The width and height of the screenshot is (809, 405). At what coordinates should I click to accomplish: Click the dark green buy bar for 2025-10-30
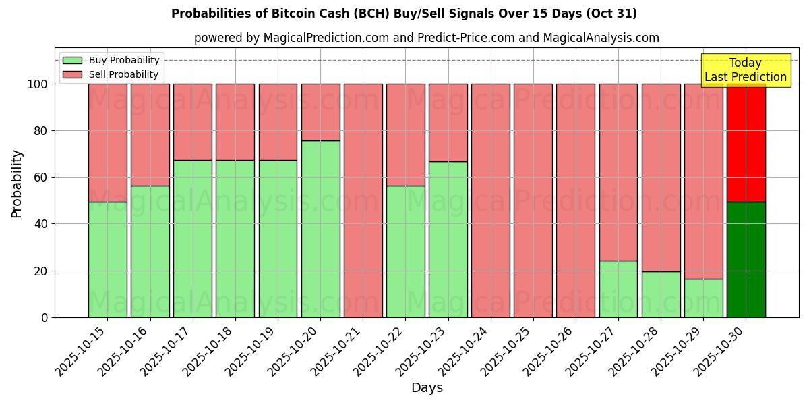tap(746, 260)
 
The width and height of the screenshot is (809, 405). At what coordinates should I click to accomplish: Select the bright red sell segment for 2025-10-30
tap(746, 143)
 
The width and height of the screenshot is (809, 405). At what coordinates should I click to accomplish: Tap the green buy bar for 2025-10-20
tap(320, 230)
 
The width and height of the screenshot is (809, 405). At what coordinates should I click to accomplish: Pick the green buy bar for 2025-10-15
tap(107, 260)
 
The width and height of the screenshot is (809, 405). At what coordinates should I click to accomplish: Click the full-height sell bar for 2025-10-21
tap(363, 200)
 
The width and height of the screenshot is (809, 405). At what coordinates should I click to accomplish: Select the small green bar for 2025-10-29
tap(703, 298)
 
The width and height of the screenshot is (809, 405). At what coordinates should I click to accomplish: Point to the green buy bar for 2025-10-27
tap(618, 289)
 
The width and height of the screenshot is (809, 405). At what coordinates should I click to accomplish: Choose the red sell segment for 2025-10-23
tap(448, 123)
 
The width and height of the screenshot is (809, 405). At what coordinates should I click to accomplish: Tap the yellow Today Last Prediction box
tap(745, 70)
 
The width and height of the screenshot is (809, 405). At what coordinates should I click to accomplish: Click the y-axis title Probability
tap(17, 183)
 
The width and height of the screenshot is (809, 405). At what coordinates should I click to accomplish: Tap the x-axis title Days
tap(427, 388)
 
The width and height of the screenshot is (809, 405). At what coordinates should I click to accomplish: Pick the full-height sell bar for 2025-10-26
tap(576, 200)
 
